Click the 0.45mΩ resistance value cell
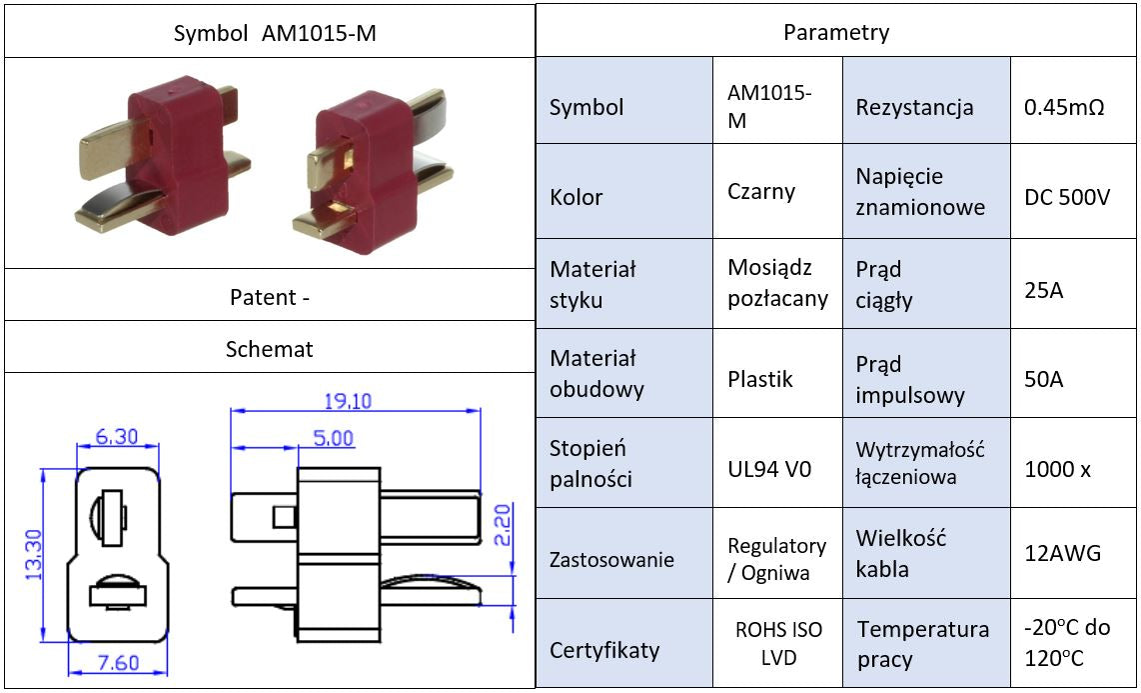[1064, 106]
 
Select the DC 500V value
[1067, 197]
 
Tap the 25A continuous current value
[1044, 291]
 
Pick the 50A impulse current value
[1044, 380]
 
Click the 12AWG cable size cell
[1063, 553]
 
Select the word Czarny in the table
[761, 191]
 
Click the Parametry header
[836, 32]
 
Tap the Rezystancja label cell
[914, 106]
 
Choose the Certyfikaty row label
[604, 650]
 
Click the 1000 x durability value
[1057, 468]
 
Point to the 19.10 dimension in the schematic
[348, 401]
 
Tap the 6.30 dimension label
[117, 437]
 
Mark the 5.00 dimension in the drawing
[333, 438]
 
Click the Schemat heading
[269, 349]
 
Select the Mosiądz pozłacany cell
[777, 283]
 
